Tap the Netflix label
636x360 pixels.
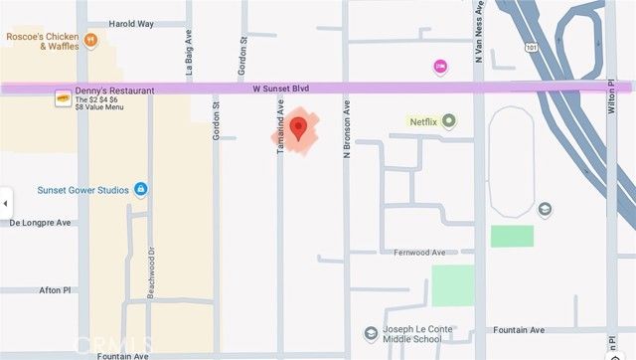tap(423, 121)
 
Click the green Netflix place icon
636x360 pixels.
tap(449, 121)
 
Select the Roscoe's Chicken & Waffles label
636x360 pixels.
tap(41, 41)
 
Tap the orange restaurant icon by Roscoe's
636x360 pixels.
tap(90, 41)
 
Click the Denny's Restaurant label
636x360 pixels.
tap(114, 90)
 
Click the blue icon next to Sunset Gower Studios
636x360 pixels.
tap(141, 189)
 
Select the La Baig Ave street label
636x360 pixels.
tap(188, 58)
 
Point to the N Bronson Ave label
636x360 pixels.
tap(348, 129)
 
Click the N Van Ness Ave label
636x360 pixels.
tap(478, 44)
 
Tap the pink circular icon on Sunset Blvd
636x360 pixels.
tap(440, 67)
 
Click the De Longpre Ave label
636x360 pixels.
tap(41, 223)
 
